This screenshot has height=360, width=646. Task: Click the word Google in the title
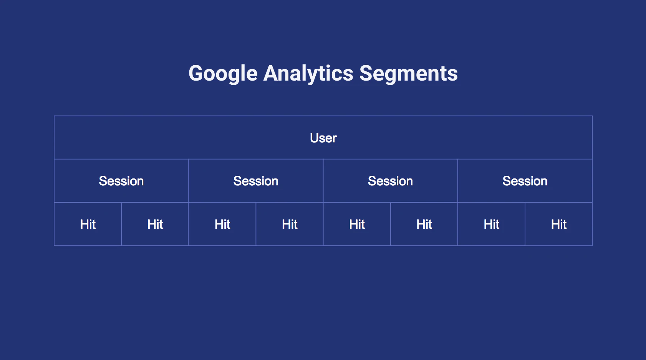coord(223,74)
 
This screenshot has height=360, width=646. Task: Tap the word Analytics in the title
coord(308,74)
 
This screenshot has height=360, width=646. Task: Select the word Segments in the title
coord(408,73)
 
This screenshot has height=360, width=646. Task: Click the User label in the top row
coord(323,138)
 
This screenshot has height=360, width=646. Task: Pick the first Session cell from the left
coord(121,181)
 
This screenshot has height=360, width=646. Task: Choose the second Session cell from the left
coord(256,181)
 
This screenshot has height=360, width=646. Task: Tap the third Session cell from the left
coord(391,181)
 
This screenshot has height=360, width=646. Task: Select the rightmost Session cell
coord(525,181)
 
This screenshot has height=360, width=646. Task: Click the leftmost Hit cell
coord(88,224)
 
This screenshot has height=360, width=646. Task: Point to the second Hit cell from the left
coord(155,224)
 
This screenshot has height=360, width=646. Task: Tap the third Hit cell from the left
coord(222,224)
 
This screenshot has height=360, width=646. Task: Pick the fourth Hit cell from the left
coord(290,224)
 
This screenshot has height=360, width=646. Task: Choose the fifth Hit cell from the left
coord(357,224)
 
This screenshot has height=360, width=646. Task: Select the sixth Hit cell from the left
coord(424,224)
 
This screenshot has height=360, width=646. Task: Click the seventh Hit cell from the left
coord(492,224)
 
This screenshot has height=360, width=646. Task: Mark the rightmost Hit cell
coord(559,224)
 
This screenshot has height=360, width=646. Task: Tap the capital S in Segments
coord(366,73)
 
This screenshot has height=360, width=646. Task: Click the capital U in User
coord(314,138)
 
